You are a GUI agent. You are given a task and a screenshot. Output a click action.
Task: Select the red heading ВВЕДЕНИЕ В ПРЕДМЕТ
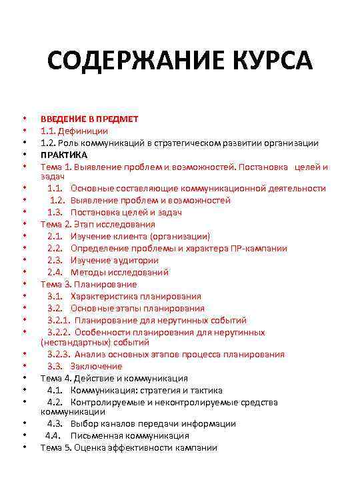coord(89,119)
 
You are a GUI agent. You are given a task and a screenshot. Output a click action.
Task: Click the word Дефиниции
coord(84,131)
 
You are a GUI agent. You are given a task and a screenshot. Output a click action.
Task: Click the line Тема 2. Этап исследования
coord(97,224)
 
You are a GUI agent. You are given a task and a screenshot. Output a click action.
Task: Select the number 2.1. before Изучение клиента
coord(55,236)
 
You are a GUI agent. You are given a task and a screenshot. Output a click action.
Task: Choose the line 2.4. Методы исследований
coord(107,272)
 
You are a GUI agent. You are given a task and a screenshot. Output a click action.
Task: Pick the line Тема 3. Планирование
coord(89,284)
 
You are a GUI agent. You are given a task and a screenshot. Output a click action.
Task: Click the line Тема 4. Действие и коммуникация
coord(114,378)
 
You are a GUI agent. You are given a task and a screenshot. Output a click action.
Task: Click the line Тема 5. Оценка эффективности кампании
coord(129,447)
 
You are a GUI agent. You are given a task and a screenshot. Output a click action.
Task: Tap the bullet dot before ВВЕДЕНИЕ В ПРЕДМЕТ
coord(23,119)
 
